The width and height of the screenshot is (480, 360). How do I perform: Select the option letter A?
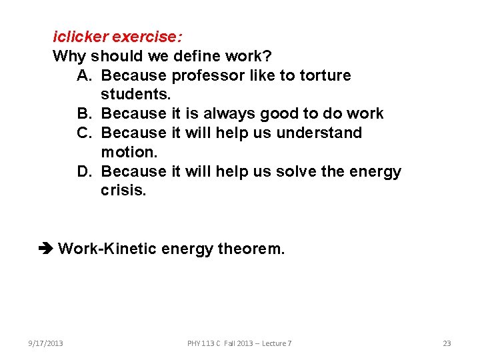tap(84, 75)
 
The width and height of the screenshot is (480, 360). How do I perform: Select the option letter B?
tap(84, 113)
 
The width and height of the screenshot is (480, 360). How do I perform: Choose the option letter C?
tap(84, 132)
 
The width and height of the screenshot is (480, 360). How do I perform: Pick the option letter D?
tap(84, 171)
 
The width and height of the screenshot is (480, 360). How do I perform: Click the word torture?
tap(325, 75)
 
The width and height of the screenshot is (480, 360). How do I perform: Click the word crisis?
tap(123, 190)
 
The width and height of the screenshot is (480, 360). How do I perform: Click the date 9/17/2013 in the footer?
tap(46, 343)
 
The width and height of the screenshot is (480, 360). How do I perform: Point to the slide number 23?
tap(447, 343)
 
